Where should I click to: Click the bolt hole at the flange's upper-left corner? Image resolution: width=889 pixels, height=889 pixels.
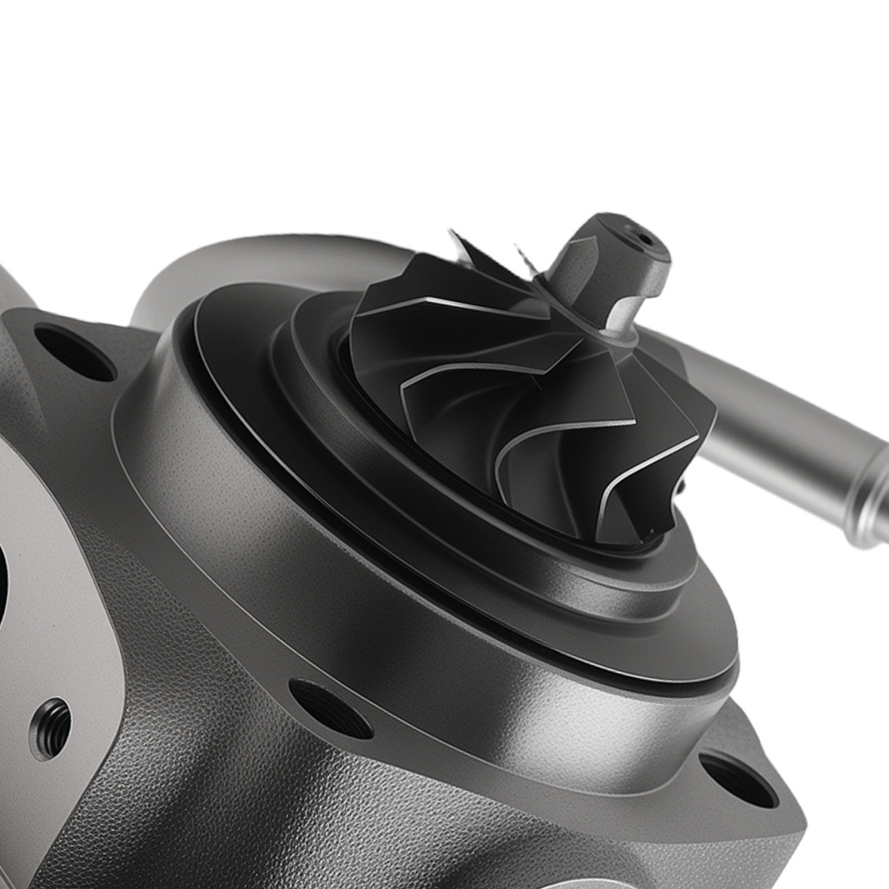pos(75,352)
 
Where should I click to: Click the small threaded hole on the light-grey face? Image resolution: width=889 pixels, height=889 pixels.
pos(50,728)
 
